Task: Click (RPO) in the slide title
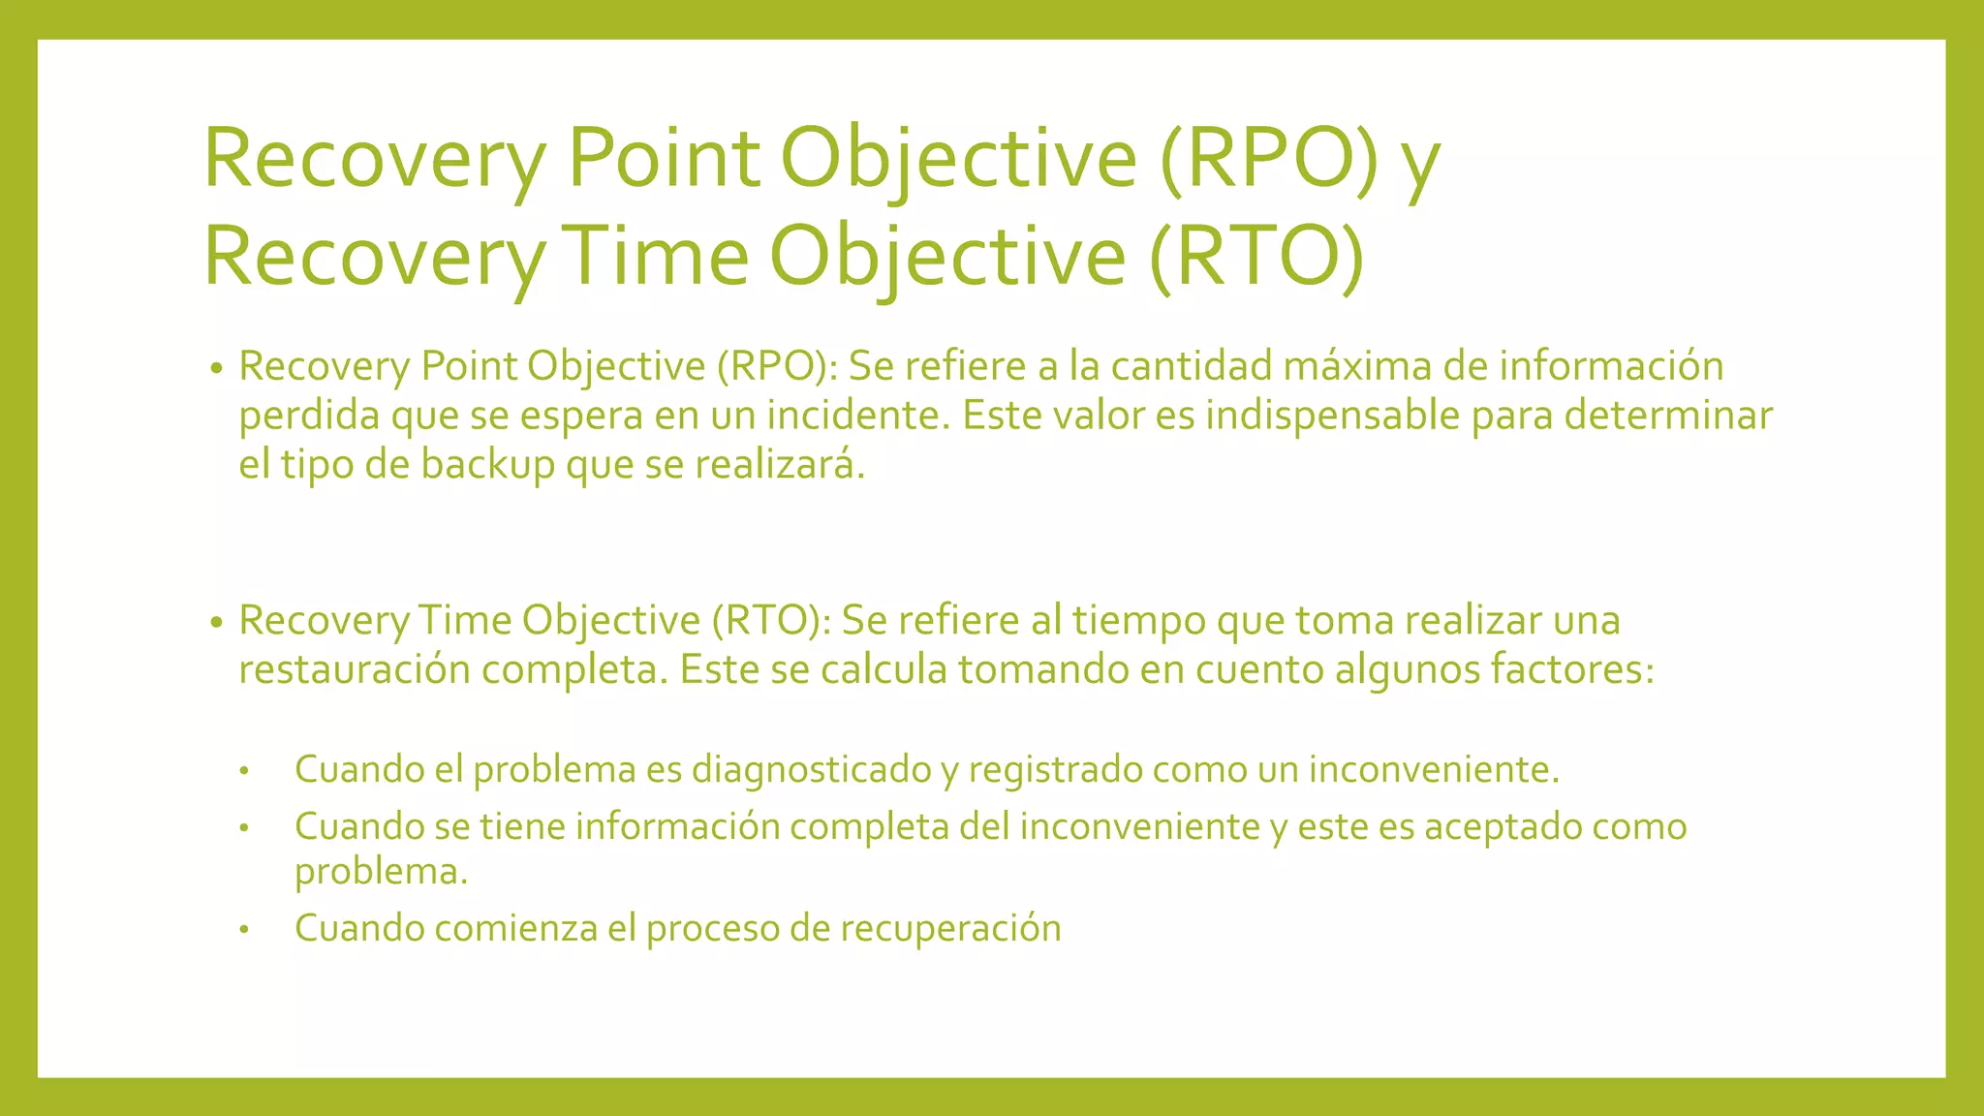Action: tap(1268, 158)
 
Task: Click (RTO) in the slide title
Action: tap(1257, 256)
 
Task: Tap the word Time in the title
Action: tap(656, 256)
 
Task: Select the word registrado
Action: tap(1054, 769)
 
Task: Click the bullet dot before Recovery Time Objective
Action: tap(216, 622)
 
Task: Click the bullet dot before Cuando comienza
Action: tap(245, 930)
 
